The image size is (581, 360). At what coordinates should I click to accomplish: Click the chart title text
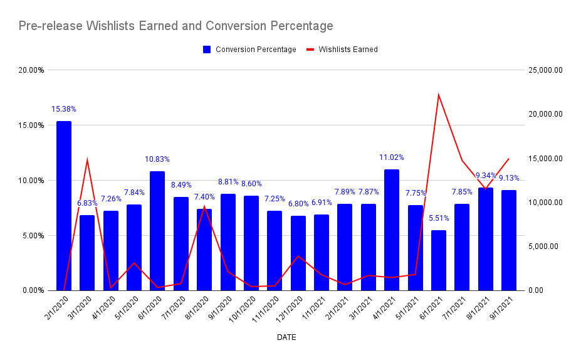[175, 26]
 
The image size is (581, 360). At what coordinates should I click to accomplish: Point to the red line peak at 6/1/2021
[439, 95]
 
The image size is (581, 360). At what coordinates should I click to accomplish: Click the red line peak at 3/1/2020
[87, 159]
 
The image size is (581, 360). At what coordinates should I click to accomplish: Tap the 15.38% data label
[64, 109]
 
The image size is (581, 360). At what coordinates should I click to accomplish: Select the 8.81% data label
[228, 182]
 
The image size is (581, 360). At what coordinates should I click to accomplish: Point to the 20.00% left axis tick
[31, 70]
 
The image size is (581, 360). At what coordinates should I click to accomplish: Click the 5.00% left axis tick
[33, 236]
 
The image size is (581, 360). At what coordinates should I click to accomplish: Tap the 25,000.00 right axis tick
[543, 70]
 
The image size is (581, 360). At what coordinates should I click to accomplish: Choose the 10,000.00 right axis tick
[543, 203]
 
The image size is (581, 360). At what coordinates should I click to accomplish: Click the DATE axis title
[286, 337]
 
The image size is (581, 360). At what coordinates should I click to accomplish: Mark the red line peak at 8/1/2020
[204, 206]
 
